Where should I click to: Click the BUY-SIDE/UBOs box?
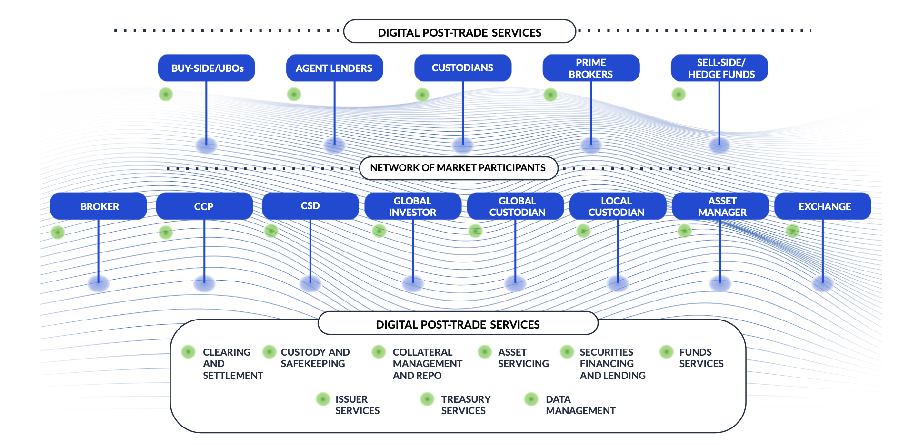point(206,68)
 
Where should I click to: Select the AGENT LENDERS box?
point(334,68)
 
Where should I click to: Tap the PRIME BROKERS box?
point(590,68)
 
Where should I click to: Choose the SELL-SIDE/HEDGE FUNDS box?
point(719,68)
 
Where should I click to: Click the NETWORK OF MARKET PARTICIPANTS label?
point(458,168)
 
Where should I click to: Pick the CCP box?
point(204,206)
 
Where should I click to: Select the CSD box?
point(310,206)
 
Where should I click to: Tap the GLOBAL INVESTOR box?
point(412,206)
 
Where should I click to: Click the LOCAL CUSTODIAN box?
point(617,206)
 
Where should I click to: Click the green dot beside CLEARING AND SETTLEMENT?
point(188,352)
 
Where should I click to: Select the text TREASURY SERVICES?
point(465,405)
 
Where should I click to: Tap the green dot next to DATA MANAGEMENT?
point(530,399)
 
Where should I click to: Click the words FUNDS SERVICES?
point(701,358)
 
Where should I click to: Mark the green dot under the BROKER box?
point(58,232)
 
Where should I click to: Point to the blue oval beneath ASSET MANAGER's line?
point(720,284)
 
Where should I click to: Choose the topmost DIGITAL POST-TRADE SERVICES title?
point(459,32)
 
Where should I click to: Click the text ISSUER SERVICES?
point(357,405)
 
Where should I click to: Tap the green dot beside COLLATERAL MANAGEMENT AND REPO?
point(379,352)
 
